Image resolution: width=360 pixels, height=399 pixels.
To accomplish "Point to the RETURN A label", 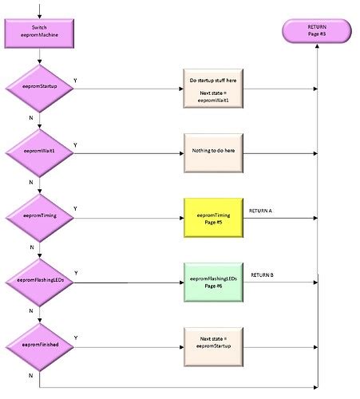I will coord(261,210).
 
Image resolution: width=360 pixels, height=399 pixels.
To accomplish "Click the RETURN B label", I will coord(263,275).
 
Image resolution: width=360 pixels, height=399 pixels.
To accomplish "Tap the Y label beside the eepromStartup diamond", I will coord(75,80).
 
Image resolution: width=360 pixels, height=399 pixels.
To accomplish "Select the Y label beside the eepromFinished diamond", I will coord(75,338).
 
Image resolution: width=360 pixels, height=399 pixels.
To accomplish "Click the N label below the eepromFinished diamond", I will coord(31,374).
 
